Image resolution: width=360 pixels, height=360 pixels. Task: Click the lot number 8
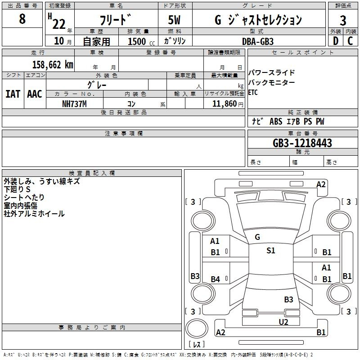tap(22, 19)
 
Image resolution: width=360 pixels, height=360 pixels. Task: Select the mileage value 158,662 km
tap(53, 65)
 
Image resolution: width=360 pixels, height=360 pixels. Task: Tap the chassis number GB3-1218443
tap(302, 143)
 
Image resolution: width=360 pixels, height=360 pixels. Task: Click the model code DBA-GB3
tap(258, 41)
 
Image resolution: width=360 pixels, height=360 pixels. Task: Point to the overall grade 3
tap(343, 21)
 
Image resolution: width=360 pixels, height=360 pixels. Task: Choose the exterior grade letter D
tap(336, 41)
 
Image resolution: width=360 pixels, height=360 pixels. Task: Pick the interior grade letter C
tap(350, 41)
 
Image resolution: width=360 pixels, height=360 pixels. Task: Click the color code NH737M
tap(74, 104)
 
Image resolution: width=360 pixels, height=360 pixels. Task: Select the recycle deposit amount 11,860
tap(225, 104)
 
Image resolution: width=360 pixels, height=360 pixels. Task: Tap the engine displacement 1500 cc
tap(141, 41)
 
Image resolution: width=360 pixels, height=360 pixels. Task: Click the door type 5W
tap(174, 20)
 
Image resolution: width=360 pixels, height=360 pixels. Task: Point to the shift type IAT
tap(13, 94)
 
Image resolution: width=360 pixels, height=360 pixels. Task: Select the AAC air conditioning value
tap(35, 94)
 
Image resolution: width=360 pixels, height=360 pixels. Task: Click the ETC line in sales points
tap(253, 92)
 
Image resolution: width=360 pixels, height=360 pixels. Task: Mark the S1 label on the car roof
tap(271, 251)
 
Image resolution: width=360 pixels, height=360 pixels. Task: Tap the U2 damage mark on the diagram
tap(283, 322)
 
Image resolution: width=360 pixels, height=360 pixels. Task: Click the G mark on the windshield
tap(257, 237)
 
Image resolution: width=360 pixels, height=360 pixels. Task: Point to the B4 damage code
tap(216, 279)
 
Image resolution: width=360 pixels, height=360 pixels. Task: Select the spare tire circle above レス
tap(197, 328)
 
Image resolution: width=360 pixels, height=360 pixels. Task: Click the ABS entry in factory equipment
tap(276, 121)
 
